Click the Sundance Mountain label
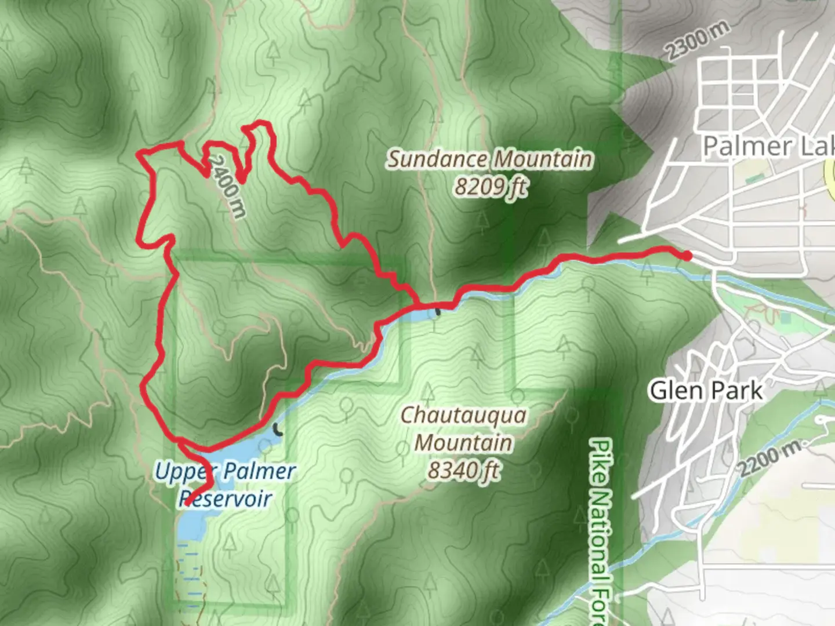(x=490, y=159)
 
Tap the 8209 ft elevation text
(x=491, y=187)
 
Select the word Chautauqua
(x=464, y=415)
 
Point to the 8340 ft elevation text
(x=464, y=470)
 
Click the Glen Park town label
(x=706, y=391)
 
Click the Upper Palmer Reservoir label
(x=225, y=485)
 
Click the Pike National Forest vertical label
(x=601, y=530)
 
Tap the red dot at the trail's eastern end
(x=687, y=256)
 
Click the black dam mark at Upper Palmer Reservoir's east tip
(x=278, y=430)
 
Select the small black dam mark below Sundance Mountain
(x=438, y=312)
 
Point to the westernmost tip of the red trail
(x=139, y=154)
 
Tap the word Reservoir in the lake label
(x=225, y=498)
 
